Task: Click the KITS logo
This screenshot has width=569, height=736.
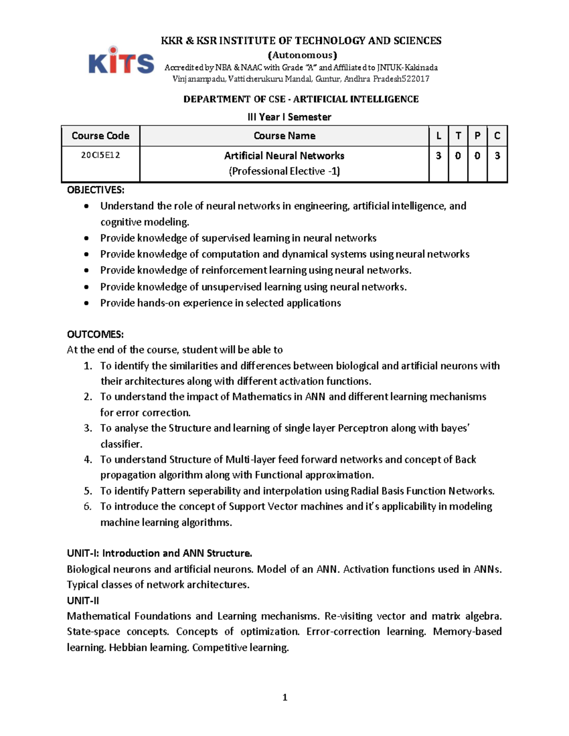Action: tap(121, 61)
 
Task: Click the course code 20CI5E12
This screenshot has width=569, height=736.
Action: tap(100, 155)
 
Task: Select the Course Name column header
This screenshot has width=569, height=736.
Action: tap(284, 136)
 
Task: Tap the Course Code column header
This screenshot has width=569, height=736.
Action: tap(100, 136)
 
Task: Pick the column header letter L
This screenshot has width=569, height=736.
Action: tap(439, 136)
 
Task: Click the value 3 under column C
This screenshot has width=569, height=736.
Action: tap(497, 155)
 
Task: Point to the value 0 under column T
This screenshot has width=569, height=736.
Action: tap(458, 155)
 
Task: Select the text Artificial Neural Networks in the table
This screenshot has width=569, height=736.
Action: tap(284, 155)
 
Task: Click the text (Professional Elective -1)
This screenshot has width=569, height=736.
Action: tap(284, 171)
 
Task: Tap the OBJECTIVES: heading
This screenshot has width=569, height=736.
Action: tap(95, 190)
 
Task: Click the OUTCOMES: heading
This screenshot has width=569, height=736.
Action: tap(95, 335)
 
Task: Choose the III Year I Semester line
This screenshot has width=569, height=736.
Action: tap(289, 117)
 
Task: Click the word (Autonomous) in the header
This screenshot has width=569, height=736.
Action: tap(302, 55)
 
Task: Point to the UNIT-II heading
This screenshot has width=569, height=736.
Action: tap(83, 600)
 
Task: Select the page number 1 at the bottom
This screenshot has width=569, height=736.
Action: tap(284, 697)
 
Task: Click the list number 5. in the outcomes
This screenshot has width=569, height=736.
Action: tap(88, 491)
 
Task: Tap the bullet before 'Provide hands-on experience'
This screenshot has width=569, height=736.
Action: tap(86, 303)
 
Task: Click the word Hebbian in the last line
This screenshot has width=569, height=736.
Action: tap(128, 647)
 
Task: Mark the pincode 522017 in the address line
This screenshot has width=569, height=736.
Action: tap(415, 79)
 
